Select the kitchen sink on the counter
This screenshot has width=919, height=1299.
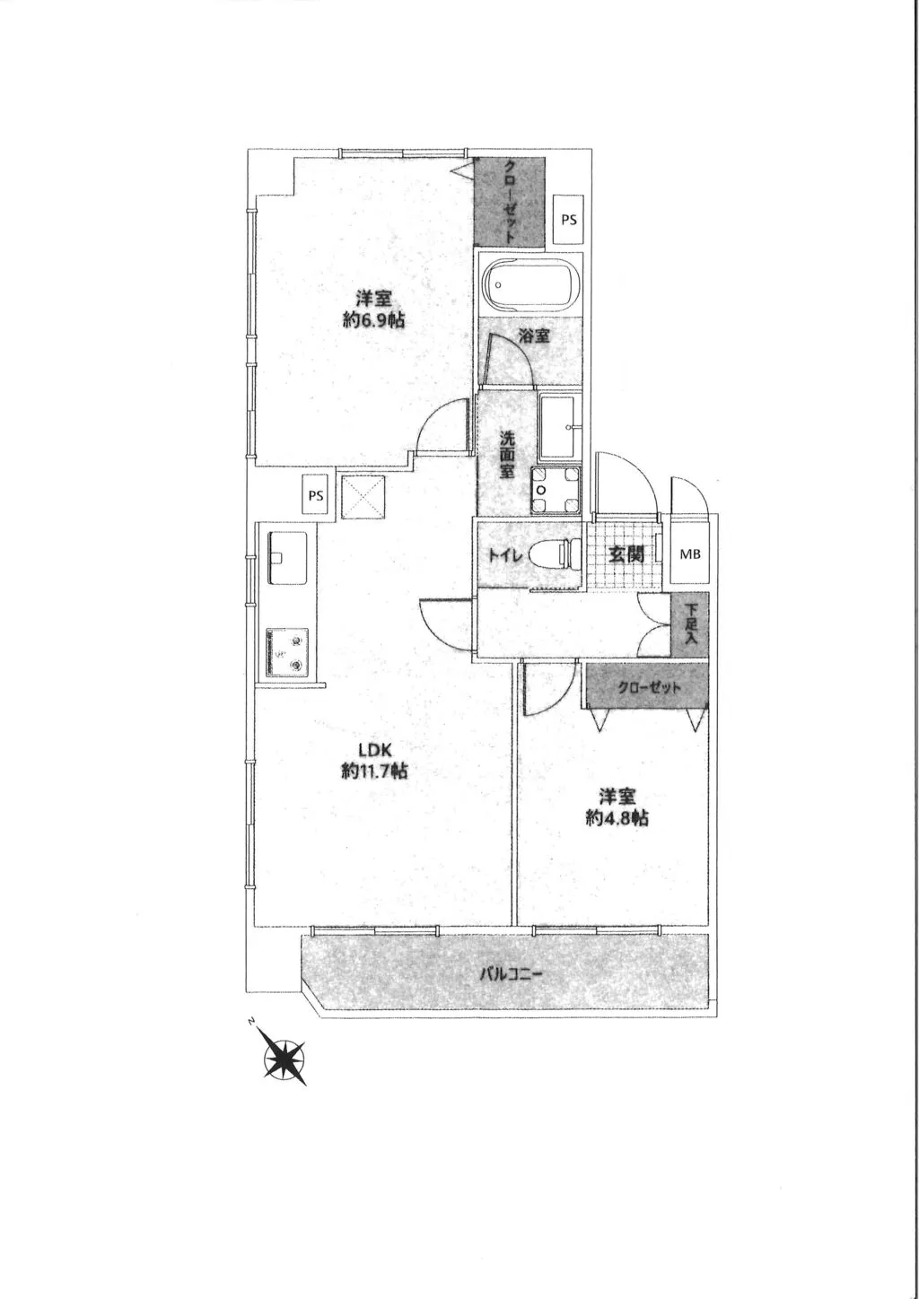[287, 557]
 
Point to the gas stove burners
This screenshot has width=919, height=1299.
[287, 652]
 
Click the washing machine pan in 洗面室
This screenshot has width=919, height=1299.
[556, 490]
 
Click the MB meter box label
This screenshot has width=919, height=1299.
[690, 554]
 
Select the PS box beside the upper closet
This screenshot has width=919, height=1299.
[569, 220]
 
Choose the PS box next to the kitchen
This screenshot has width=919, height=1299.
[316, 495]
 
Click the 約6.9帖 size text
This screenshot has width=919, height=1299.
[373, 319]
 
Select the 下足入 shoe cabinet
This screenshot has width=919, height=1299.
[689, 625]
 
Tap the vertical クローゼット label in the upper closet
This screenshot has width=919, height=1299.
[510, 201]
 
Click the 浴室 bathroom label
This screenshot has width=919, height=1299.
[533, 336]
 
